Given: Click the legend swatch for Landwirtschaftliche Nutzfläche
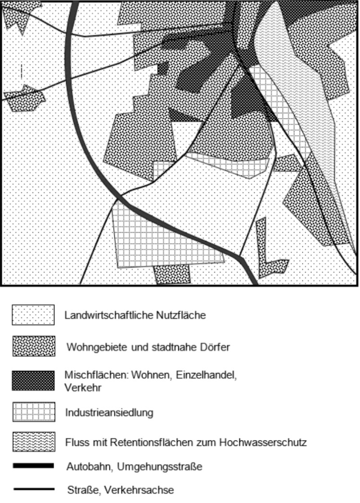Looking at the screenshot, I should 33,315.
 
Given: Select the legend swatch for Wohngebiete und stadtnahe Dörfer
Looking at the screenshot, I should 33,347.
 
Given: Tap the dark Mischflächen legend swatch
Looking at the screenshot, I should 33,381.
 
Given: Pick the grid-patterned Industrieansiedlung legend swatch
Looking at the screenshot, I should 33,412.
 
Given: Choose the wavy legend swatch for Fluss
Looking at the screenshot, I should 33,442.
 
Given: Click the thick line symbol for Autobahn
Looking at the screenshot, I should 33,466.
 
